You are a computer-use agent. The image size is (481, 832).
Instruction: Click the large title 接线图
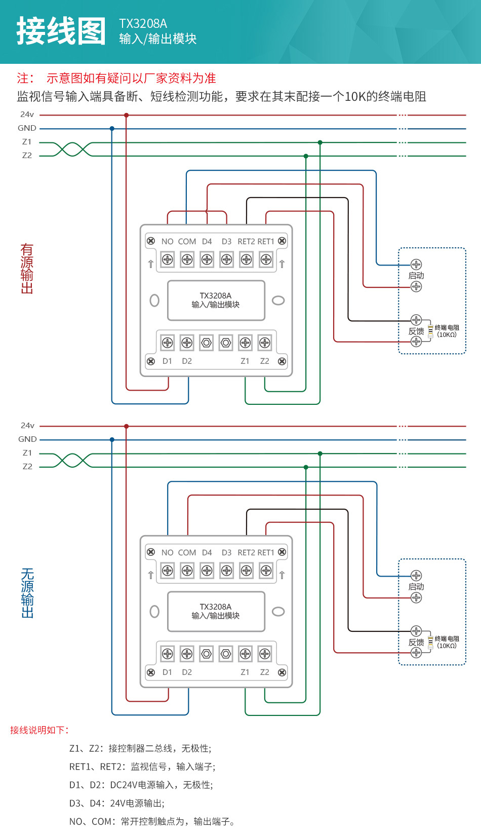(x=61, y=31)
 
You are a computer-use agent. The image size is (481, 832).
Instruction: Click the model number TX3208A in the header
(x=143, y=24)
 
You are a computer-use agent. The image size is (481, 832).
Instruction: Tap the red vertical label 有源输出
(x=27, y=269)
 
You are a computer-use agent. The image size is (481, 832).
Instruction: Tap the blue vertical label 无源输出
(x=27, y=593)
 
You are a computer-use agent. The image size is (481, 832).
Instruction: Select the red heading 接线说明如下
(x=39, y=730)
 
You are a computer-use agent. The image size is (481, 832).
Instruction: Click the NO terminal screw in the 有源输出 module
(x=168, y=260)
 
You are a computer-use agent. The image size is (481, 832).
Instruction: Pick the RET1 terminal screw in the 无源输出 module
(x=266, y=571)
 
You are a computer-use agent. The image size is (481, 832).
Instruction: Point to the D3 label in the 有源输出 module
(x=226, y=242)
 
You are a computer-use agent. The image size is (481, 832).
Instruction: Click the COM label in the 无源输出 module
(x=187, y=553)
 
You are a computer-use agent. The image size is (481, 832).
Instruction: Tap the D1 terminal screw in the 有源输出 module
(x=168, y=343)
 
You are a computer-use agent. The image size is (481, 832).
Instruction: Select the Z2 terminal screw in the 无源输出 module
(x=265, y=654)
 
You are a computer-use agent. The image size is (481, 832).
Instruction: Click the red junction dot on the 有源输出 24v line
(x=127, y=116)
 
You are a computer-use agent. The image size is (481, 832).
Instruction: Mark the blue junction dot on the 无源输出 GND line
(x=112, y=440)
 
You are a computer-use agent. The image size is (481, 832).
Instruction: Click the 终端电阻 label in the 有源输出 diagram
(x=447, y=328)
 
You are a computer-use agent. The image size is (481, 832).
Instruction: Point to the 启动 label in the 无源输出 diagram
(x=416, y=587)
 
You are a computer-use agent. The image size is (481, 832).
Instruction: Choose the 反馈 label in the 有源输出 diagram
(x=416, y=331)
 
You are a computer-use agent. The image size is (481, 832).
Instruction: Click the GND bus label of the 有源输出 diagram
(x=27, y=128)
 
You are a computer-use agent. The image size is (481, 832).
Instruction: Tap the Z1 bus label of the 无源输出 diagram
(x=27, y=453)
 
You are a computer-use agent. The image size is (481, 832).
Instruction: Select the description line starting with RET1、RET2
(x=142, y=767)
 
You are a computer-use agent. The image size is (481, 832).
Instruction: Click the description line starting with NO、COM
(x=152, y=821)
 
